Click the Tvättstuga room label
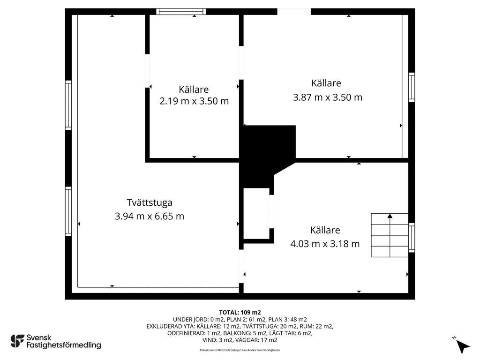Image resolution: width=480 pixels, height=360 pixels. pos(150,202)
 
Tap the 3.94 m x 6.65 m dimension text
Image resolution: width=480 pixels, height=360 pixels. pos(150,216)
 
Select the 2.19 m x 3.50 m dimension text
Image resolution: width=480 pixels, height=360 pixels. pos(194,101)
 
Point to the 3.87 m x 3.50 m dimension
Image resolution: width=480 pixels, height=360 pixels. pos(328,97)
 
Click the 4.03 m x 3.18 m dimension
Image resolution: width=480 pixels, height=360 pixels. pos(325,244)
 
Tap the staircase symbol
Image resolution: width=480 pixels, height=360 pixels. pos(390,235)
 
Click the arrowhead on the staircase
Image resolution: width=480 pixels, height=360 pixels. pos(390,216)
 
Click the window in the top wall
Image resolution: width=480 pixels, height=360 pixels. pos(181,12)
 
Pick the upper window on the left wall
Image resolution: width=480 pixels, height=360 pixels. pos(68,105)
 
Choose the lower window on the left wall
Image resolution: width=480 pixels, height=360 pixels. pos(68,211)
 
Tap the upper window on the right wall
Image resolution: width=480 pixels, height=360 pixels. pos(412,87)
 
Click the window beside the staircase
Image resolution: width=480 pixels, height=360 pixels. pos(412,238)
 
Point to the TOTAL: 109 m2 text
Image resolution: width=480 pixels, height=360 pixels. pos(240,313)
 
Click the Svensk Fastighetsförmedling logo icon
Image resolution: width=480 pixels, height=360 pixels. pos(17,341)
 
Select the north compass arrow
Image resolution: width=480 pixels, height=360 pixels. pos(463,346)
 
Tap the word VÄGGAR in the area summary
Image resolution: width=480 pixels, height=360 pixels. pos(247,340)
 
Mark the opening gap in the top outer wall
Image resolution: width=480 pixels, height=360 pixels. pos(294,12)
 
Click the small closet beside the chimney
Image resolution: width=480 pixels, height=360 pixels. pos(256,214)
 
